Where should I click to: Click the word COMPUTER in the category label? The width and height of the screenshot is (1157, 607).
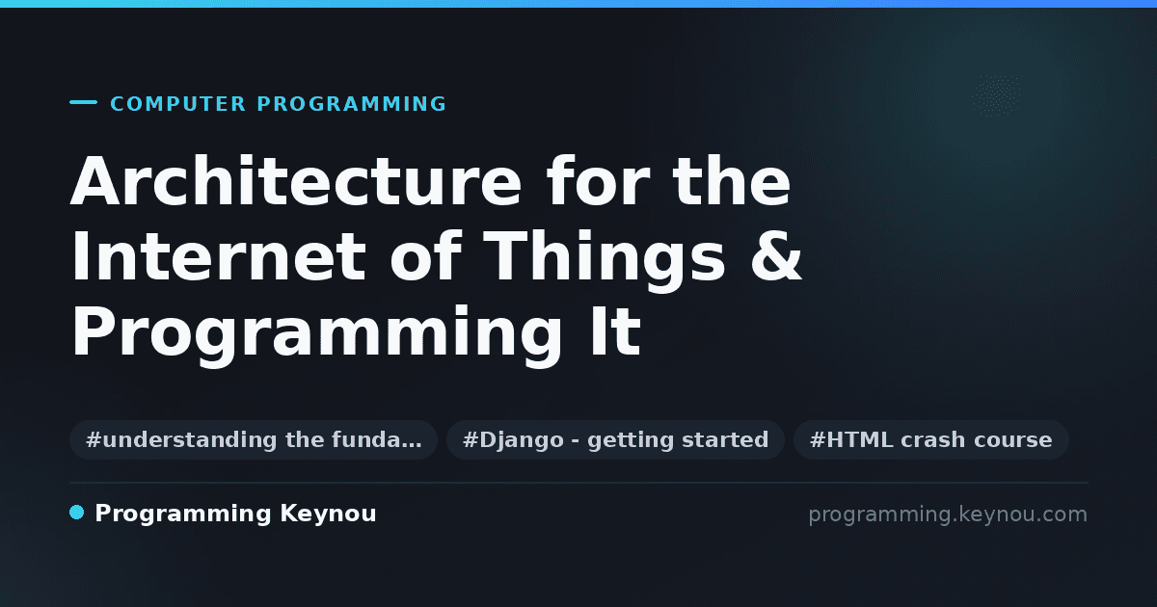178,104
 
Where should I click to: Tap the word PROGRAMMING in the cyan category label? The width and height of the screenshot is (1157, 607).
351,104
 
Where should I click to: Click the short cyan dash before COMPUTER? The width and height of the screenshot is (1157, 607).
83,102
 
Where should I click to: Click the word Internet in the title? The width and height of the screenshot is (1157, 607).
219,256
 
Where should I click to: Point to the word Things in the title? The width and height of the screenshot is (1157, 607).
604,262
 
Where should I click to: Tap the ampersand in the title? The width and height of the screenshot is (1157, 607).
776,256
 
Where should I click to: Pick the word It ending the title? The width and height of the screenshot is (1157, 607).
616,330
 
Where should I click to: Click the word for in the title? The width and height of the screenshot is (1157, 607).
598,181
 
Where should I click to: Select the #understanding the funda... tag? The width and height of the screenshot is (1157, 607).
254,439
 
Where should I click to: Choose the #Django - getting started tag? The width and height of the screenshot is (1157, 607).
616,439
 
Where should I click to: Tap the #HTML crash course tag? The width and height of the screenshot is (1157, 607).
930,439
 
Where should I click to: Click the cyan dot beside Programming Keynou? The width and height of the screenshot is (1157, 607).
76,513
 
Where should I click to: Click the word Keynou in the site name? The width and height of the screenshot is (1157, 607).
328,515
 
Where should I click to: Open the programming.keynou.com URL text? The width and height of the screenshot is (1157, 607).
948,515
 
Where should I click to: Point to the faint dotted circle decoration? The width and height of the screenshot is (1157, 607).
996,95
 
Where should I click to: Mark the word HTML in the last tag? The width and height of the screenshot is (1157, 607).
860,439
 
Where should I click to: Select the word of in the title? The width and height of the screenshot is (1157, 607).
425,256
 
